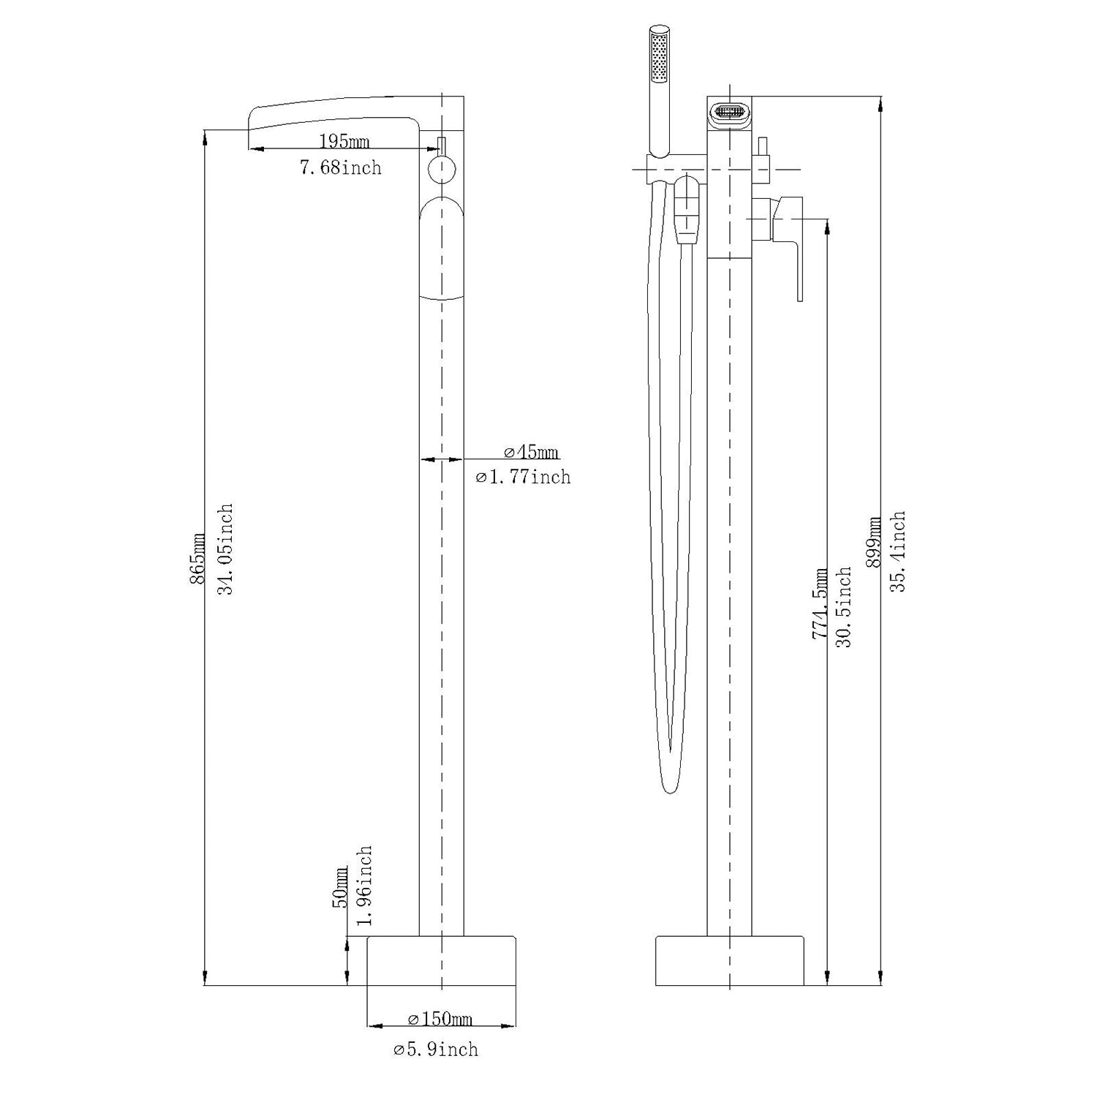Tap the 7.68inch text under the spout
pyautogui.click(x=340, y=168)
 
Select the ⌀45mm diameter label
pyautogui.click(x=531, y=452)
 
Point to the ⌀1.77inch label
pyautogui.click(x=523, y=478)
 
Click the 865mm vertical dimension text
pyautogui.click(x=197, y=558)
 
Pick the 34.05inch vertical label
pyautogui.click(x=225, y=548)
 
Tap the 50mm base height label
pyautogui.click(x=342, y=887)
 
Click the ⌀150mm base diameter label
pyautogui.click(x=440, y=1019)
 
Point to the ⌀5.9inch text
pyautogui.click(x=436, y=1049)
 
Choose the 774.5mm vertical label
pyautogui.click(x=820, y=603)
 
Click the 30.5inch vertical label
pyautogui.click(x=844, y=606)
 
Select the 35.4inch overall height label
pyautogui.click(x=898, y=551)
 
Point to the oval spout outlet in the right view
pyautogui.click(x=729, y=113)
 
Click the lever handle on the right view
pyautogui.click(x=793, y=241)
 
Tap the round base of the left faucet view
pyautogui.click(x=441, y=960)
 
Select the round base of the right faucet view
pyautogui.click(x=729, y=960)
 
